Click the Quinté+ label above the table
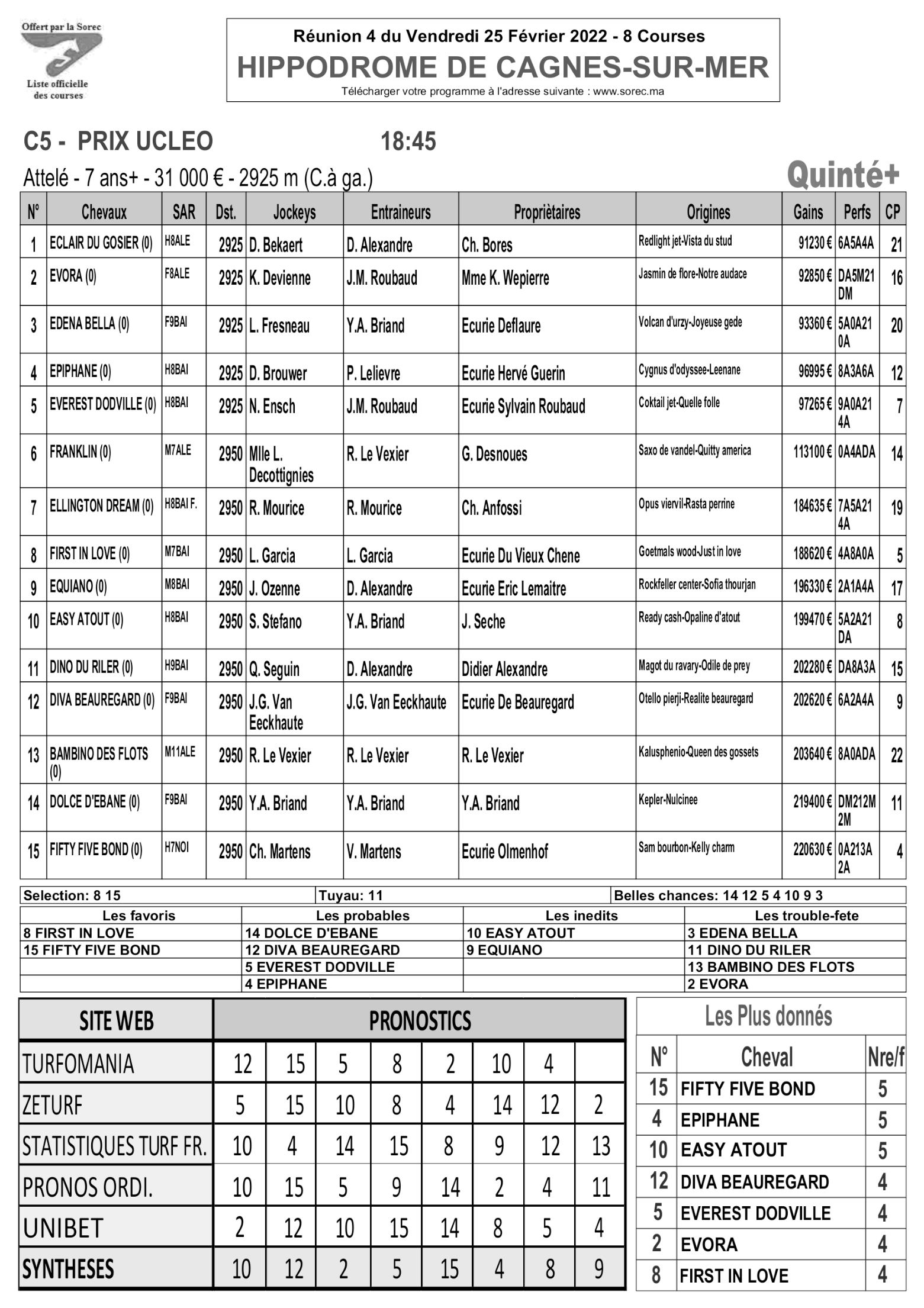tap(842, 175)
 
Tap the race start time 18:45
tap(408, 142)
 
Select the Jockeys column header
tap(294, 212)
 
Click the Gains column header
tap(808, 212)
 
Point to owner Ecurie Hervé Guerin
tap(513, 373)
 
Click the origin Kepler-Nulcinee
tap(668, 800)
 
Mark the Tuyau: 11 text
tap(350, 895)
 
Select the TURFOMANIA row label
tap(78, 1064)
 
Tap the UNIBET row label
tap(63, 1229)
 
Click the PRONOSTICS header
tap(419, 1020)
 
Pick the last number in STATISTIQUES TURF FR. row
tap(600, 1146)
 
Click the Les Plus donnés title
tap(768, 1016)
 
